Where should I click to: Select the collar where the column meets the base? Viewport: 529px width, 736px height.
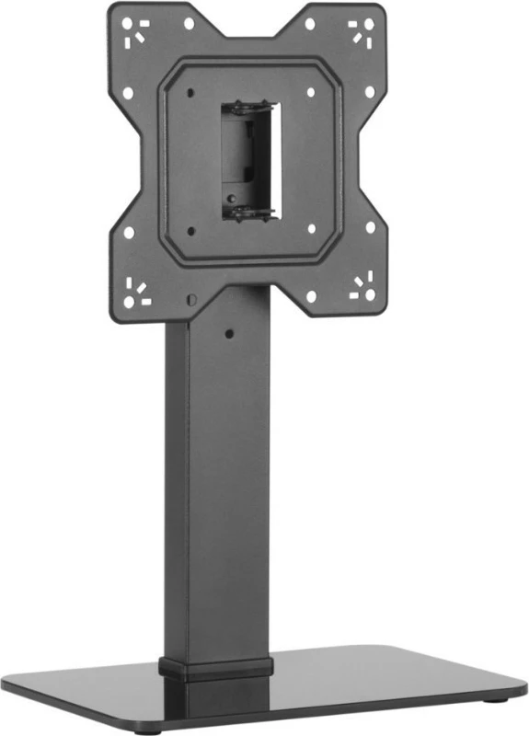coord(217,668)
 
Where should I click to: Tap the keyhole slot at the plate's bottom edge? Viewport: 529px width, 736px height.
coord(190,299)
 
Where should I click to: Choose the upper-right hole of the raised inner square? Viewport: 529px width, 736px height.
coord(311,92)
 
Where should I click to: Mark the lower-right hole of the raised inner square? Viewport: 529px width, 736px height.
coord(311,228)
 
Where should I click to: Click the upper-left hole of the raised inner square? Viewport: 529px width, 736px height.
coord(190,92)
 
